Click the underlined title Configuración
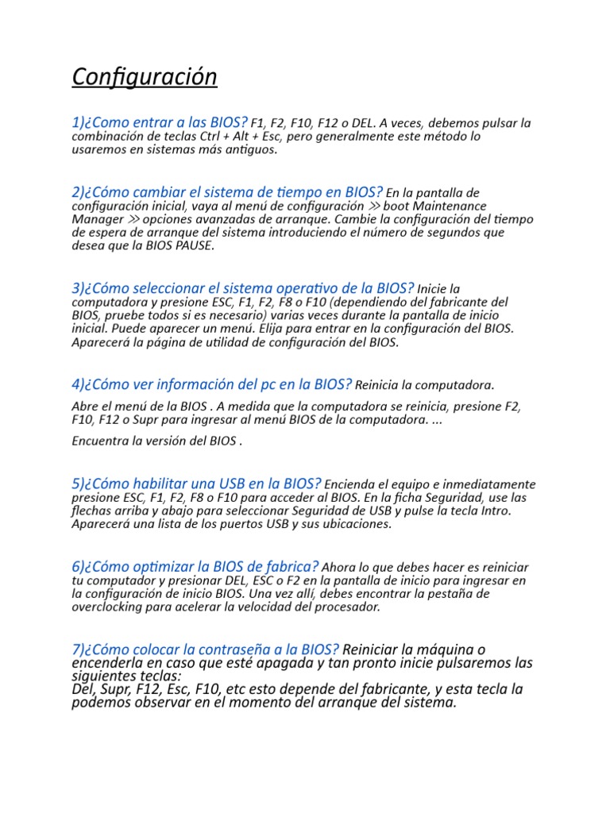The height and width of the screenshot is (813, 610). click(144, 77)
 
